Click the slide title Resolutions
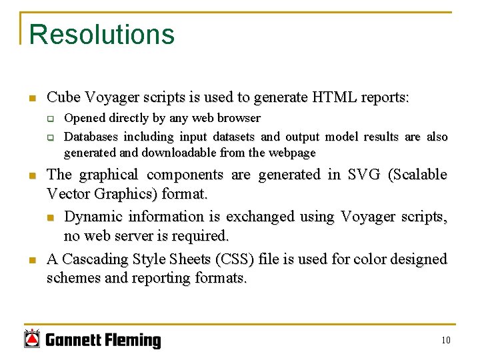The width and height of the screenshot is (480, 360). (x=101, y=35)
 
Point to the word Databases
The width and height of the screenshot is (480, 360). (x=91, y=137)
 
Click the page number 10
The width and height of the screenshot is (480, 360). (x=445, y=341)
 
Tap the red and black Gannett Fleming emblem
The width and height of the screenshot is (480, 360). (x=32, y=339)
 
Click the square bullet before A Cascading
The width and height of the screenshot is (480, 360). (x=31, y=259)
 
